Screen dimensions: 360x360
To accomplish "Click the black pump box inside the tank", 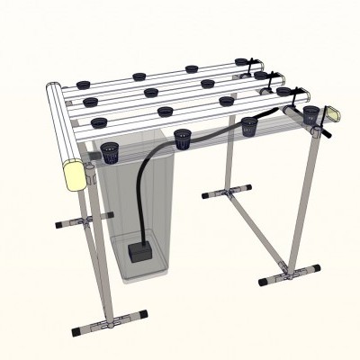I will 139,249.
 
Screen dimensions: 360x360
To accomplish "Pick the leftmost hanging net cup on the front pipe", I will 111,151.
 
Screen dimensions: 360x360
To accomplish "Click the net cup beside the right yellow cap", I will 311,114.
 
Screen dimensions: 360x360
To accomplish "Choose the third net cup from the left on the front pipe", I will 249,125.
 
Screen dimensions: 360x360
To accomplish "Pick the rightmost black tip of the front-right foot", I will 316,267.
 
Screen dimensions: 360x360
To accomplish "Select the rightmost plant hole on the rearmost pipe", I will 241,62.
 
